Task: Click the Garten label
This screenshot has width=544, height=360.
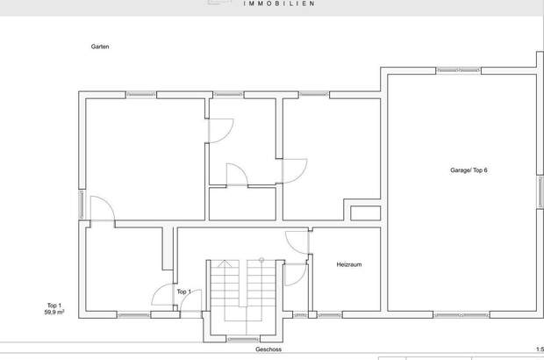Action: (100, 47)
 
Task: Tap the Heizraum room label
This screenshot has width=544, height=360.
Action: (349, 264)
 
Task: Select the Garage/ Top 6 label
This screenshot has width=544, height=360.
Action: (469, 170)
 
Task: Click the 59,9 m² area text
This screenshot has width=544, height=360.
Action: (54, 312)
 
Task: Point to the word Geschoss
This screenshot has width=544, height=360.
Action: (268, 349)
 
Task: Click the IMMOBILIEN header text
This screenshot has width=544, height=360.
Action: (279, 4)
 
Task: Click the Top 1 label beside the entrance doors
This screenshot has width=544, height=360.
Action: (184, 292)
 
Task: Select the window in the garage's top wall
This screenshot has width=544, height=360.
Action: (458, 70)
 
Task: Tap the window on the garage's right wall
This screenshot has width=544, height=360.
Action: (540, 192)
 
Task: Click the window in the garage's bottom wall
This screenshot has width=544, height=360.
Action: (462, 315)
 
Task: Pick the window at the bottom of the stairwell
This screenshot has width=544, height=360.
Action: (243, 339)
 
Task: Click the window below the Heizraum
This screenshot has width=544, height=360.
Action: (329, 315)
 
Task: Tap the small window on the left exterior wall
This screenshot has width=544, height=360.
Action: (82, 205)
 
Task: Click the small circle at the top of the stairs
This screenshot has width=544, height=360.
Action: (261, 260)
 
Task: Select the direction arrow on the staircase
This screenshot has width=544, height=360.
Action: (225, 263)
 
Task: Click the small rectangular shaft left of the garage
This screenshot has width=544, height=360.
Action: (365, 213)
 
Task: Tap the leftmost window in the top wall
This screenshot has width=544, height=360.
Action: (141, 95)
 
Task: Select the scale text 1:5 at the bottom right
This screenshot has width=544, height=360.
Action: (540, 349)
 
